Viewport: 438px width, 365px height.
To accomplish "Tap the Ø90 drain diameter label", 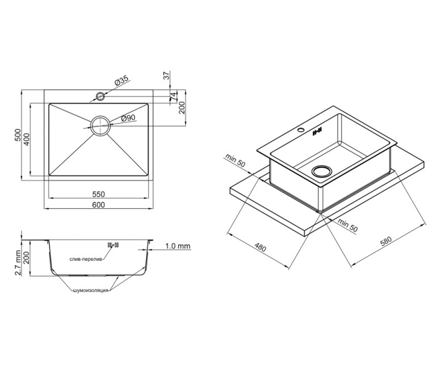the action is click(x=128, y=118).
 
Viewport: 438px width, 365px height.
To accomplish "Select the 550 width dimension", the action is click(x=99, y=194).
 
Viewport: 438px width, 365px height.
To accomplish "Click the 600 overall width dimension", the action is click(x=99, y=205).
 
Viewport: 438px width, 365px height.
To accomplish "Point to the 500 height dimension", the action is click(x=18, y=135).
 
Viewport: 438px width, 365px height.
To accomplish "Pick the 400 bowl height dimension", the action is click(x=27, y=139).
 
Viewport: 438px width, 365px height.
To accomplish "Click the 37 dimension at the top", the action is click(x=166, y=75).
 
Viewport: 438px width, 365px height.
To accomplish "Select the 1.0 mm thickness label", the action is click(x=178, y=246).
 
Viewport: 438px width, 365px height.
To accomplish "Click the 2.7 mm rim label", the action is click(x=18, y=263).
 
